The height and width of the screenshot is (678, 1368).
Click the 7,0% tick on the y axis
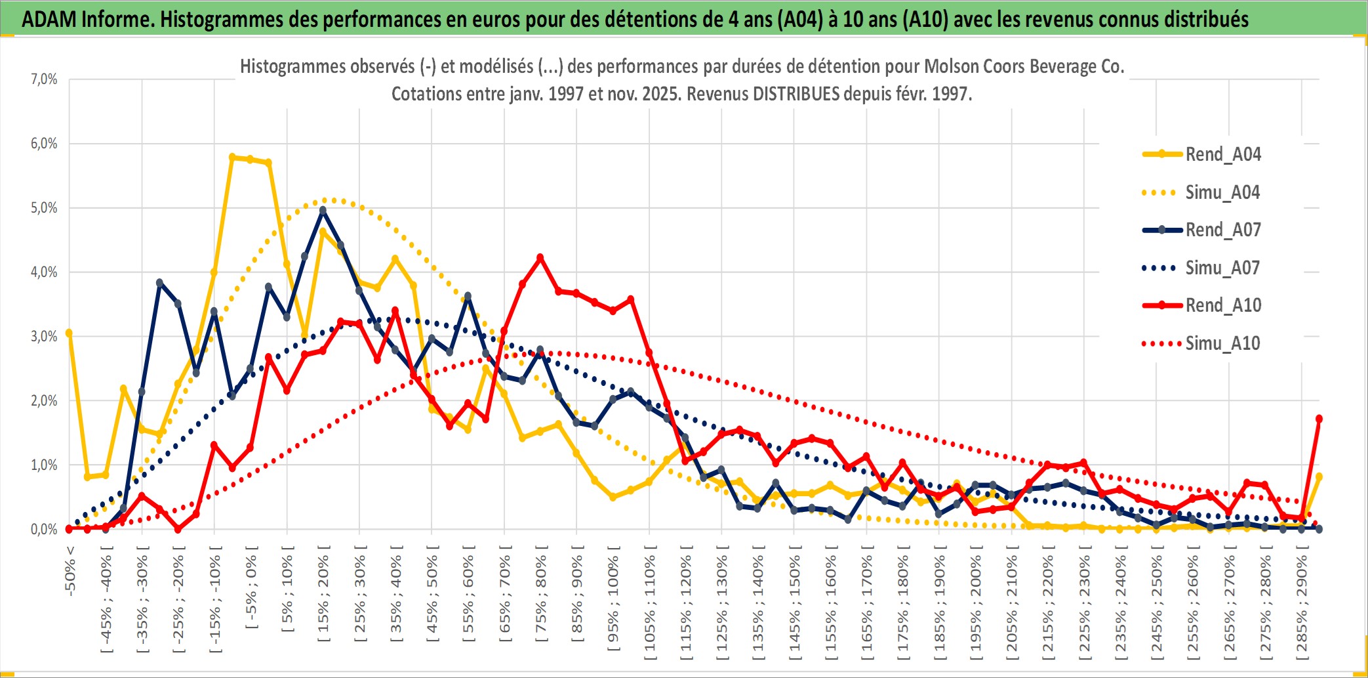coord(44,79)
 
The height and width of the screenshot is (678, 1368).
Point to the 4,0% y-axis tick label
coord(44,272)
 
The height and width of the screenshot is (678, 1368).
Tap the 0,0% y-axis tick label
coord(44,530)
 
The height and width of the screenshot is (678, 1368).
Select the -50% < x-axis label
coord(70,571)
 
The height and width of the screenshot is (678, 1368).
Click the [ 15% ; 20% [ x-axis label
coord(323,597)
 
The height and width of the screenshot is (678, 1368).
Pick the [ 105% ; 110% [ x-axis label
coord(649,604)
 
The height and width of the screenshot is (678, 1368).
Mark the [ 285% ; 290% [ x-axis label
coord(1302,604)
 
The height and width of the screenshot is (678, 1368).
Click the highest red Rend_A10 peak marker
coord(540,258)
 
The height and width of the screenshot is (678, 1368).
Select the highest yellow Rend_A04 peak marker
coord(232,157)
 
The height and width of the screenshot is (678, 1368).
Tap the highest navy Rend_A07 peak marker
coord(323,211)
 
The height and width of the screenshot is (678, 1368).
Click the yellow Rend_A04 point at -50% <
coord(69,333)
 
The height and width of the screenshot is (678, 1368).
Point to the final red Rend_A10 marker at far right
coord(1319,419)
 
